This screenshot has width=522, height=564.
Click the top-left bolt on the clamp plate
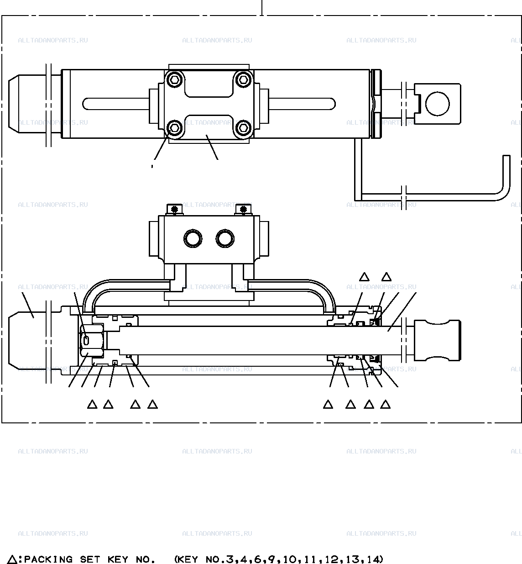174,80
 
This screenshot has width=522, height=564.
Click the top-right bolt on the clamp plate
243,80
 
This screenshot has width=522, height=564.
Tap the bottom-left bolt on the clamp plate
174,128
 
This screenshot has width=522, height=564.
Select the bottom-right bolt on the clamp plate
243,128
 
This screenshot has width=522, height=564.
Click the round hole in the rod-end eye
438,104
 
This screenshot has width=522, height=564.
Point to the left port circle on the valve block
193,238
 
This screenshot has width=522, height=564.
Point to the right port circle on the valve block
225,238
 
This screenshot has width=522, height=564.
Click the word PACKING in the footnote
48,559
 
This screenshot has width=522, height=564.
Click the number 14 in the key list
375,559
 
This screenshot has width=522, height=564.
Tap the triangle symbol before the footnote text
12,559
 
